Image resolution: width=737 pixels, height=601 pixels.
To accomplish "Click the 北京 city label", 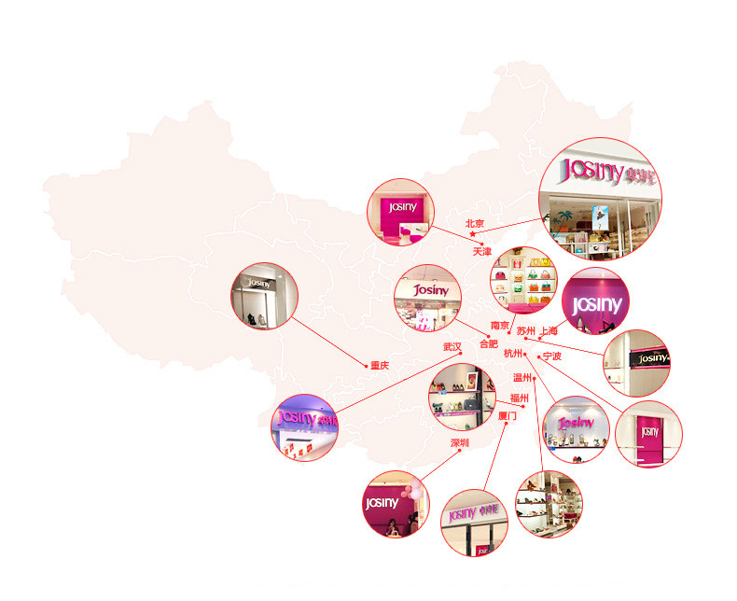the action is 475,223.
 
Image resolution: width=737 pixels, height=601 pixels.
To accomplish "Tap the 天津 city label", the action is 481,252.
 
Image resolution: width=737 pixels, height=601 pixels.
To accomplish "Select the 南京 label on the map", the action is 500,326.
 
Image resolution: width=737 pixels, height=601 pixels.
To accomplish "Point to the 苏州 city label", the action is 526,330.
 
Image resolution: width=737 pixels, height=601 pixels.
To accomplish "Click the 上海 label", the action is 549,330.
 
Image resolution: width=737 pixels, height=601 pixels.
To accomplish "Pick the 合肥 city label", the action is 489,344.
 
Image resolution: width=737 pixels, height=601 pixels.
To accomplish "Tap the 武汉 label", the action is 452,346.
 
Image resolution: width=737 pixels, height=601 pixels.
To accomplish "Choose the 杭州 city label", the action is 513,354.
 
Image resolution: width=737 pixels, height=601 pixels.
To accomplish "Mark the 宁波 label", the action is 551,356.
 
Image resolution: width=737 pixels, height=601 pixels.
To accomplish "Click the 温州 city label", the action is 521,378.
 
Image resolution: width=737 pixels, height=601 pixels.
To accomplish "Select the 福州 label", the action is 518,398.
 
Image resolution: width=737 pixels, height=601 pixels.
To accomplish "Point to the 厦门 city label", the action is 508,416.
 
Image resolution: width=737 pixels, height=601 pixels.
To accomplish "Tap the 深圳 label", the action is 460,442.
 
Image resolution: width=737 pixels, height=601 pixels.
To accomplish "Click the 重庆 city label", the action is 379,366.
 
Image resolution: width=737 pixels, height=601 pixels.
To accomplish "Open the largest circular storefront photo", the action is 601,201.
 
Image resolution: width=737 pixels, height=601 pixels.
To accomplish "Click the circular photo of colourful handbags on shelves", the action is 522,279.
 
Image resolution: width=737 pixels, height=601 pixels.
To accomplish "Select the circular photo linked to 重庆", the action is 264,295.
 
